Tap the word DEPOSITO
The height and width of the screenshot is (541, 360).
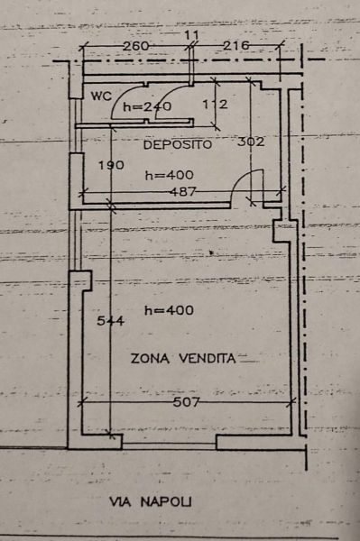pyautogui.click(x=176, y=144)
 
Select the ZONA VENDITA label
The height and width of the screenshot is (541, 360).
pyautogui.click(x=183, y=358)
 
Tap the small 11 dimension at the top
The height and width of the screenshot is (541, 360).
pyautogui.click(x=190, y=34)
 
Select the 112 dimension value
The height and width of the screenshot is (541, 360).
pyautogui.click(x=216, y=105)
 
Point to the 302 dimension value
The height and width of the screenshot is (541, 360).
pyautogui.click(x=250, y=142)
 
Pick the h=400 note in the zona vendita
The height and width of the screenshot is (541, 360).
pyautogui.click(x=169, y=311)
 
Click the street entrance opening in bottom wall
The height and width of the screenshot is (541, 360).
pyautogui.click(x=169, y=444)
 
